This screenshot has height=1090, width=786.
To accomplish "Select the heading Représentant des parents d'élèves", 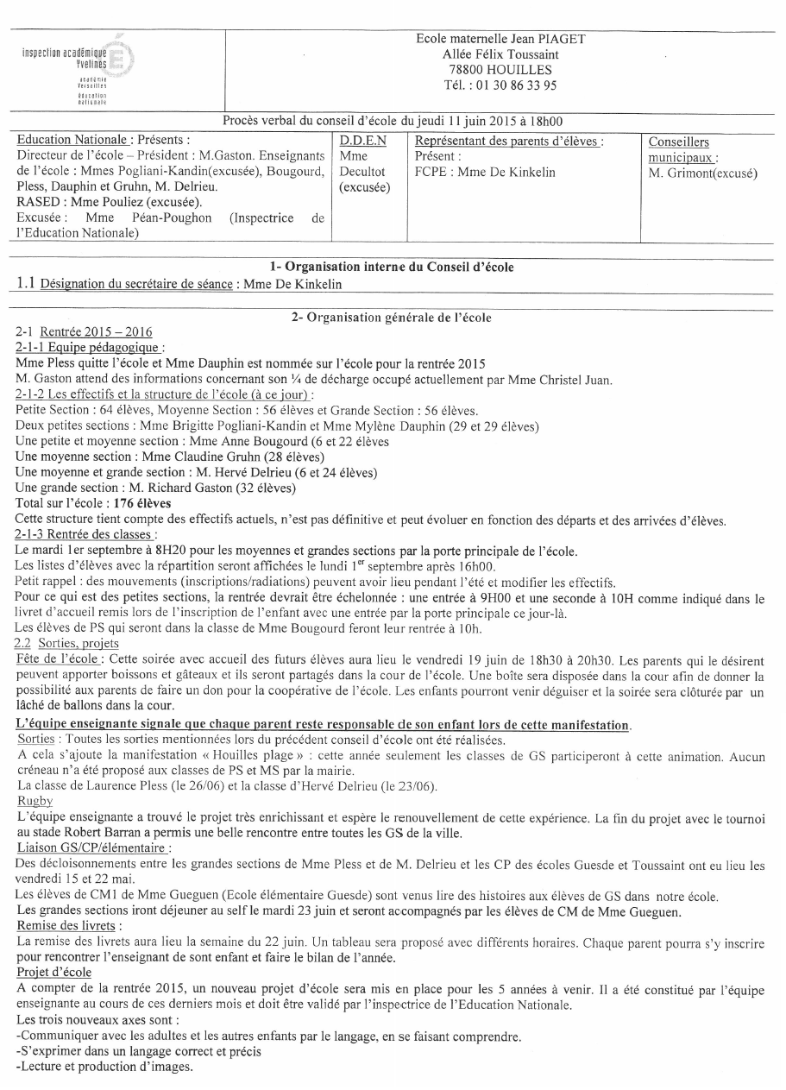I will click(x=508, y=140).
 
